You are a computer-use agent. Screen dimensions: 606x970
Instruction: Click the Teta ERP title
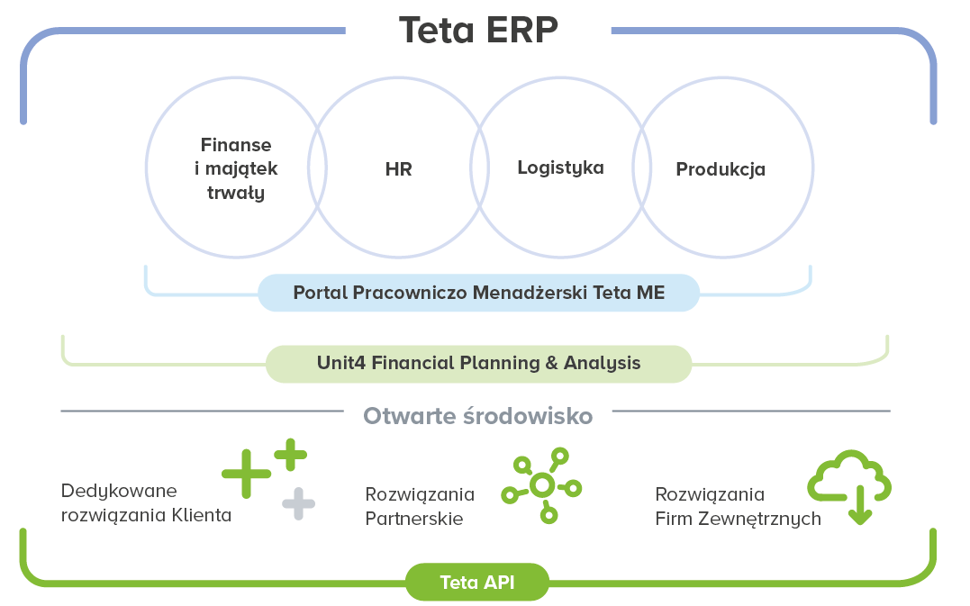pos(478,30)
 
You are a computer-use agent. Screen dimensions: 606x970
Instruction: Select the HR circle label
pos(398,169)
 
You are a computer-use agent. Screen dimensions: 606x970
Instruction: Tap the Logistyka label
pos(560,167)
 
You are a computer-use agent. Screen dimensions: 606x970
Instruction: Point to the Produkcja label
pos(721,169)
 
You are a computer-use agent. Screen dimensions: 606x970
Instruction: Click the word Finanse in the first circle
pos(236,145)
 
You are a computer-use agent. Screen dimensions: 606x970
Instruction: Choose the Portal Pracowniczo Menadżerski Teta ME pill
pos(478,293)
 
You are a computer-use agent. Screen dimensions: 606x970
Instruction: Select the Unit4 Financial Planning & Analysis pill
pos(478,363)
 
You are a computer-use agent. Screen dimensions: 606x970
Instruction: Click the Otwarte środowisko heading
pos(478,416)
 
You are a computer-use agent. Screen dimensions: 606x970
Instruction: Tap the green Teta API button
pos(477,582)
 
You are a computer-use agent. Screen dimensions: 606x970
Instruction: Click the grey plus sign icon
pos(299,503)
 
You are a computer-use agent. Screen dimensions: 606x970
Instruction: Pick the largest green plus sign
pos(246,473)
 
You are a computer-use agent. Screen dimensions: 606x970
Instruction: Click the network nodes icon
pos(541,485)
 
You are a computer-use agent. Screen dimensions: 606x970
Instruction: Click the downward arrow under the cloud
pos(859,507)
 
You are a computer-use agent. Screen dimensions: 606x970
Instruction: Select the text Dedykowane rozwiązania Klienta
pos(146,503)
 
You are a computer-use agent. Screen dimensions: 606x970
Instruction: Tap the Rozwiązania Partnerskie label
pos(420,506)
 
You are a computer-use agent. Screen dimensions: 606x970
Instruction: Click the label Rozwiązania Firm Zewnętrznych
pos(738,506)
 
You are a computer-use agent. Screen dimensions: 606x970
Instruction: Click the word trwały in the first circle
pos(236,192)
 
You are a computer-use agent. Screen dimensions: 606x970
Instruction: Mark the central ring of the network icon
pos(541,485)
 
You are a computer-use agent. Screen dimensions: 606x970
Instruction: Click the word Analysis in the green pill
pos(603,363)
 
